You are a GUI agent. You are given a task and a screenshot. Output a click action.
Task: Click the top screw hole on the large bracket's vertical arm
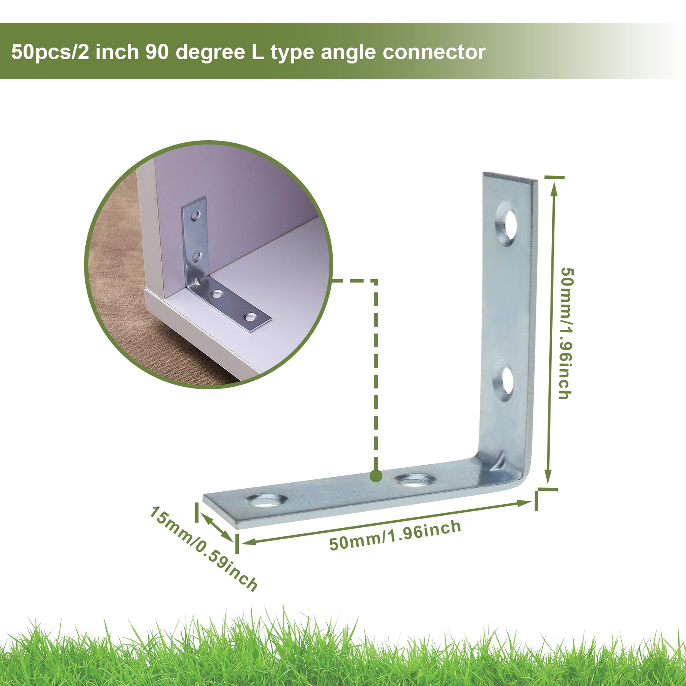(x=507, y=224)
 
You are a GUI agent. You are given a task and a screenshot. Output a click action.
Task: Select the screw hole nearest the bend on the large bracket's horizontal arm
(x=413, y=480)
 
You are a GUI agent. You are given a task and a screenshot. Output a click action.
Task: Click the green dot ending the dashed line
(x=376, y=475)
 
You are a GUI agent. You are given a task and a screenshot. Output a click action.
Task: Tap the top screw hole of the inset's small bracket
(x=196, y=214)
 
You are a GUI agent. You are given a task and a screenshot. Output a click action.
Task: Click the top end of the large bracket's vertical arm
(x=510, y=178)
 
